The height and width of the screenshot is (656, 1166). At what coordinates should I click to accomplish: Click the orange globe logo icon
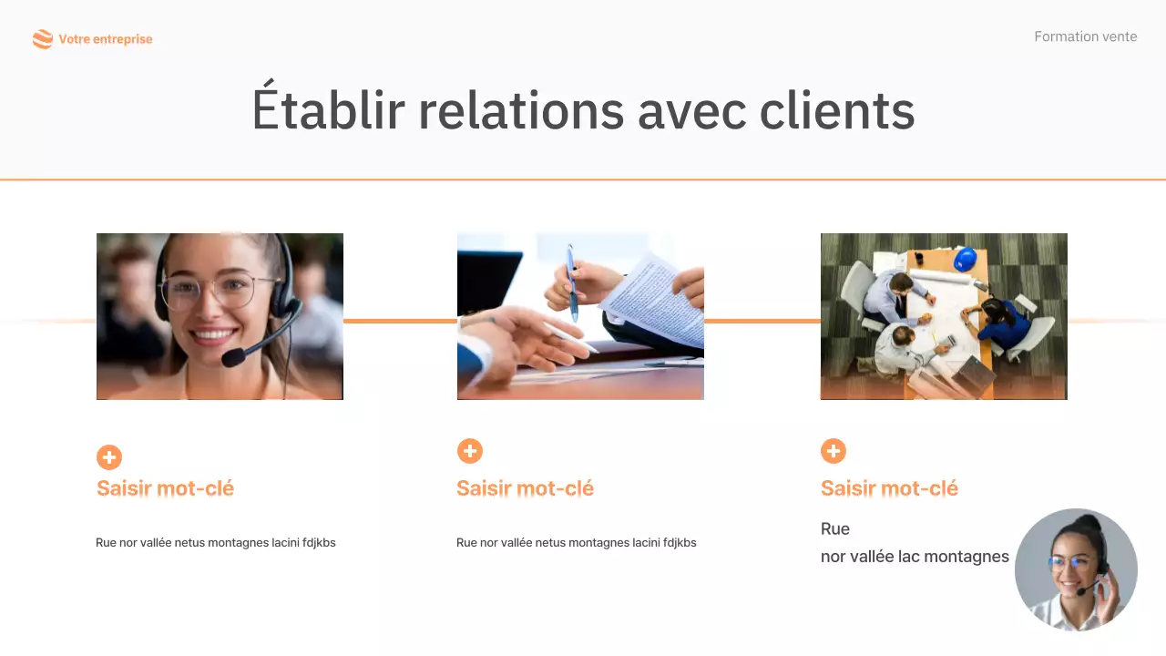click(42, 39)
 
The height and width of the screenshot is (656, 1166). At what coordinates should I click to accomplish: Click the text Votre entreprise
click(106, 39)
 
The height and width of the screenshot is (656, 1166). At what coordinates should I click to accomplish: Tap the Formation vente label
click(1085, 36)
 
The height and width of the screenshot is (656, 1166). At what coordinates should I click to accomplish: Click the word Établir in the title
click(327, 110)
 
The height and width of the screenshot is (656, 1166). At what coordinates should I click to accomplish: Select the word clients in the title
click(836, 110)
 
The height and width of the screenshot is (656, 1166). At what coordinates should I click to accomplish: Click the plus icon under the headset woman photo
click(109, 457)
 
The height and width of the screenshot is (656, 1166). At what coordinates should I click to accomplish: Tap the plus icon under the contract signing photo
click(470, 451)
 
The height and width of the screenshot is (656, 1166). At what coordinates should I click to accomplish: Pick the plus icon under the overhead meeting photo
click(834, 451)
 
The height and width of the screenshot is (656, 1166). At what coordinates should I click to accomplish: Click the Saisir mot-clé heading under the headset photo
click(165, 488)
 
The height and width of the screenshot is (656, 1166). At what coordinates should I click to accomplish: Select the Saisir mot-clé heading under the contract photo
click(525, 488)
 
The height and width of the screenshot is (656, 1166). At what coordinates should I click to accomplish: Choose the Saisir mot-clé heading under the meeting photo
click(889, 488)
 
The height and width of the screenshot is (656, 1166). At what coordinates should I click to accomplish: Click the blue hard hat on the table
click(966, 260)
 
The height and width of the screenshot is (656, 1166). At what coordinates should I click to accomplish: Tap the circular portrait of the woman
click(1076, 569)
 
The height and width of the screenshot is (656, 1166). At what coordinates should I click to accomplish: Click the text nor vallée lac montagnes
click(915, 556)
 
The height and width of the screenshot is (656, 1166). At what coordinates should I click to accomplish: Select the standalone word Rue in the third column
click(835, 528)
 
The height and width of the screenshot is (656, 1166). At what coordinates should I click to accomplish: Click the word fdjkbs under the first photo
click(319, 543)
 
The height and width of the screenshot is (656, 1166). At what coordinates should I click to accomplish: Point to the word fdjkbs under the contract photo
click(680, 543)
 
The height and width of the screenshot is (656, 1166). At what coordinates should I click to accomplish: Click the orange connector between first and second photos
click(400, 321)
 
